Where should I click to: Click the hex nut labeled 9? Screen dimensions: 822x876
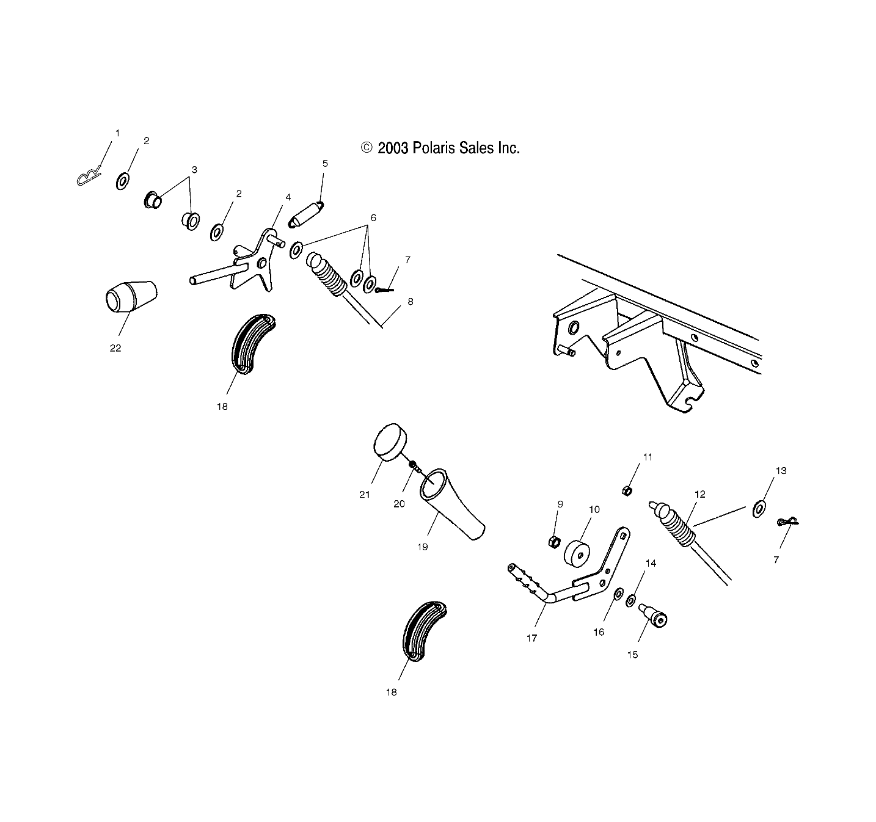point(555,540)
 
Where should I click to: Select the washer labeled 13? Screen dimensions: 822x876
point(759,508)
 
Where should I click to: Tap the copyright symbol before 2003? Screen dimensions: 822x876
point(367,148)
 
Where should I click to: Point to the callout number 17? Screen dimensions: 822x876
point(531,638)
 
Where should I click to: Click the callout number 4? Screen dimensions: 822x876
point(288,197)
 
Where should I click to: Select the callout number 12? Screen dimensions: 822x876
point(700,494)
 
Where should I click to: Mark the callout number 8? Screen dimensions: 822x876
point(411,302)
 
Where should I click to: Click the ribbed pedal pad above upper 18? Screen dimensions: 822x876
point(253,344)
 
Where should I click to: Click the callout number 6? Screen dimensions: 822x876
point(373,218)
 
